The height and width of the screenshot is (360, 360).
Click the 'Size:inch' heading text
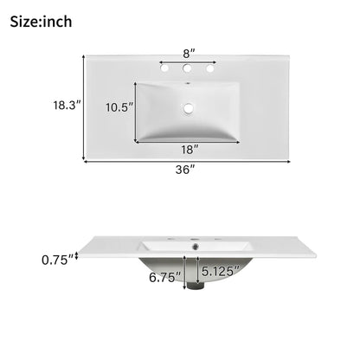(x=41, y=22)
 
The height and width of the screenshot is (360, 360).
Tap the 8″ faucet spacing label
(x=190, y=54)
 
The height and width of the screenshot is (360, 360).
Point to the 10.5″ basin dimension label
(x=119, y=107)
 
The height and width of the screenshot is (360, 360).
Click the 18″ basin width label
(x=190, y=150)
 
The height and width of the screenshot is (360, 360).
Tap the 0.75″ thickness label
(x=58, y=260)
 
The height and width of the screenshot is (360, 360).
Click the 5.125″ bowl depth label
(x=221, y=271)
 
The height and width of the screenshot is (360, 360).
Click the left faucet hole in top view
(x=164, y=68)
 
